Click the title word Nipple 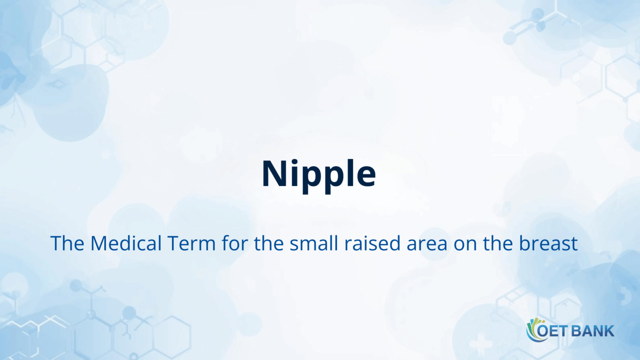(319, 174)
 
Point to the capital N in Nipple (273, 174)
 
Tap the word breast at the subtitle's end (548, 243)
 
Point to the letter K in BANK (610, 331)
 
